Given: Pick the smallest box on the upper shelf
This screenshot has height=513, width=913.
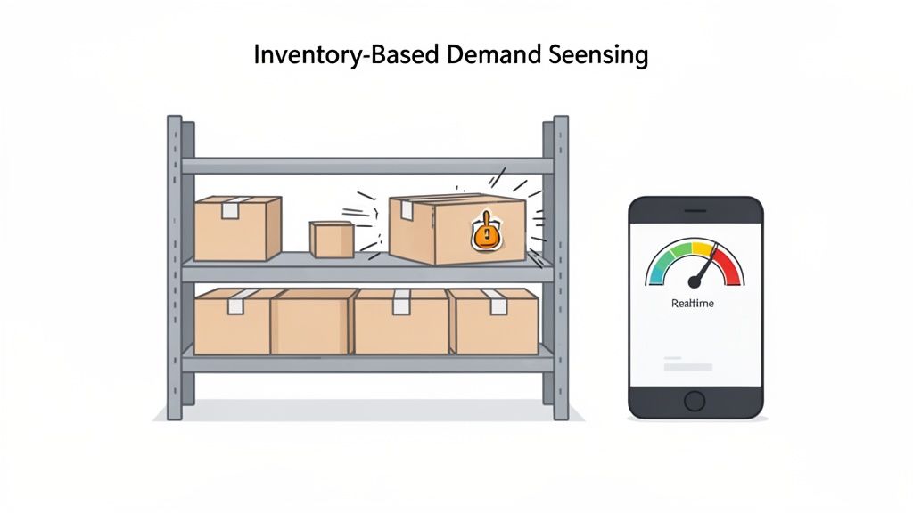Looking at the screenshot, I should point(332,239).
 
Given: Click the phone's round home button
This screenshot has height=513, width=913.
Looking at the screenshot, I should point(695,401).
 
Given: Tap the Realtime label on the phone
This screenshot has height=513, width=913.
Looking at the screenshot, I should point(694,304).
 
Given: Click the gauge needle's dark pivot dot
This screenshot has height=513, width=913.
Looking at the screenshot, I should point(695,281).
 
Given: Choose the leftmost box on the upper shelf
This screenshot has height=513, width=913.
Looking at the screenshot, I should point(237,229).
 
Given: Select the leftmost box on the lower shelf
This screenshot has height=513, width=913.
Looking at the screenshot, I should point(232,322).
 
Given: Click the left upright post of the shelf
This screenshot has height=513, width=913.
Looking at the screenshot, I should point(174,267).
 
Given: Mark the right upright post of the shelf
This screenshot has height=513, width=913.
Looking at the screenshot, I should point(560,267).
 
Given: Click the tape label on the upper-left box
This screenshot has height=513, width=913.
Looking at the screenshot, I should point(231,210).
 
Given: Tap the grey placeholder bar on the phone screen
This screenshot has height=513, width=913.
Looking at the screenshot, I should point(688,367).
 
